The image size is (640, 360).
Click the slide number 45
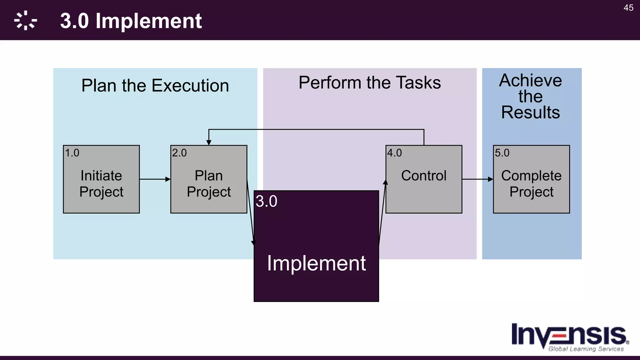point(628,7)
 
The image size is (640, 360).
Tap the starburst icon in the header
point(25,21)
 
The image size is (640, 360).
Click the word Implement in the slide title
point(148,21)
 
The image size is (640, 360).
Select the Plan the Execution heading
point(155,86)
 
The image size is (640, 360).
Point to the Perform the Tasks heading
point(369,83)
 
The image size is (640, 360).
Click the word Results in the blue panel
point(530,112)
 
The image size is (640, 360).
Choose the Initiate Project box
point(101,183)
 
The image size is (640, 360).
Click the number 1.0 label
point(72,153)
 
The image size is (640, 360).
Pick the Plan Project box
point(209,183)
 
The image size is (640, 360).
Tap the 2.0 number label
point(179,153)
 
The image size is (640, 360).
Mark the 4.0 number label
point(394,153)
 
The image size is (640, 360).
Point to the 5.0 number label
point(502,153)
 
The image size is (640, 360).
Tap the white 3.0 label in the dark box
point(266,201)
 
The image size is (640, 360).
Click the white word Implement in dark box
point(316,263)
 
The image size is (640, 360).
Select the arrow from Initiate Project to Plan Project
point(155,179)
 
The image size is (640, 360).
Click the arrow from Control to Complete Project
point(477,179)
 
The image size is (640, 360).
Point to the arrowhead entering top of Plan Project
point(209,142)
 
